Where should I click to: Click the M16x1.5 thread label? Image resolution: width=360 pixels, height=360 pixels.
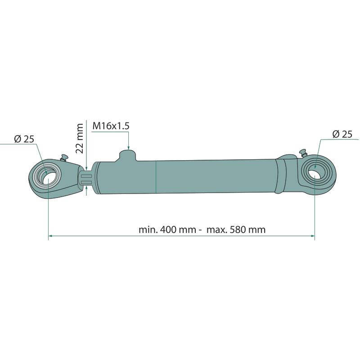[111, 126]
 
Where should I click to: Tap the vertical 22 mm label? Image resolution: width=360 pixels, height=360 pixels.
[80, 138]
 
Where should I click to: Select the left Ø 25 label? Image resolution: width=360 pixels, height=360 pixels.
[24, 139]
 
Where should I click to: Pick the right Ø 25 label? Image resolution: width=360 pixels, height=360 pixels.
[342, 134]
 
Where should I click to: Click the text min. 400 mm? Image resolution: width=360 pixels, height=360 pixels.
[167, 229]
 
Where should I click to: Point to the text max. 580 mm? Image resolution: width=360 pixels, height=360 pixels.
[236, 229]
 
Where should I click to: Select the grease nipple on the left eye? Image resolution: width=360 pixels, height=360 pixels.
[63, 158]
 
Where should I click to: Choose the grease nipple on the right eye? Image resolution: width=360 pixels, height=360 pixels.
[304, 153]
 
